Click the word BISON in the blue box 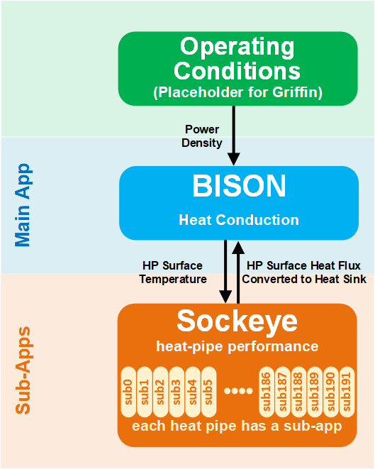[x=239, y=186]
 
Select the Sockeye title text [x=237, y=321]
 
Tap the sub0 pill [x=128, y=392]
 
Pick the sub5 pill [x=208, y=392]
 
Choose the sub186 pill [x=267, y=392]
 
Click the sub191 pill [x=347, y=392]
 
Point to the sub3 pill [x=177, y=392]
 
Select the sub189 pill [x=315, y=392]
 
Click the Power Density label [x=202, y=136]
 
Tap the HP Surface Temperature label [x=173, y=272]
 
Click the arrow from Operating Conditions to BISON [x=234, y=136]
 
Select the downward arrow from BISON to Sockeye [x=225, y=272]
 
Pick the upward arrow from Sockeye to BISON [x=238, y=272]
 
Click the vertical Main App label [x=23, y=205]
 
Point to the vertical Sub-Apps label [x=23, y=370]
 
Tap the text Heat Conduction [x=239, y=220]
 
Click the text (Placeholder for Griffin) [x=238, y=92]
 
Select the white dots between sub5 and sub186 [x=238, y=391]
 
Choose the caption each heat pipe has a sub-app [x=237, y=426]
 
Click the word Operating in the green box [x=237, y=48]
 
